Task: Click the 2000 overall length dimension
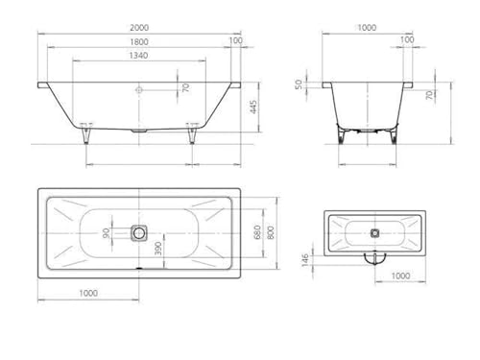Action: pos(139,28)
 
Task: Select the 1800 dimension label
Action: pos(139,42)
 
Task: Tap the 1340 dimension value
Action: pos(138,56)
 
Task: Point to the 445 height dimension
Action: pos(252,107)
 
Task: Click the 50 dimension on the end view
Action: pos(299,84)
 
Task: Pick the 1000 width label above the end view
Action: pos(367,28)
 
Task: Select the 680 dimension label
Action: pos(257,232)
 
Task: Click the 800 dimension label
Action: pos(271,232)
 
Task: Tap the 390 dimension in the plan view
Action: pos(158,249)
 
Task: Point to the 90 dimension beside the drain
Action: pos(107,232)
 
